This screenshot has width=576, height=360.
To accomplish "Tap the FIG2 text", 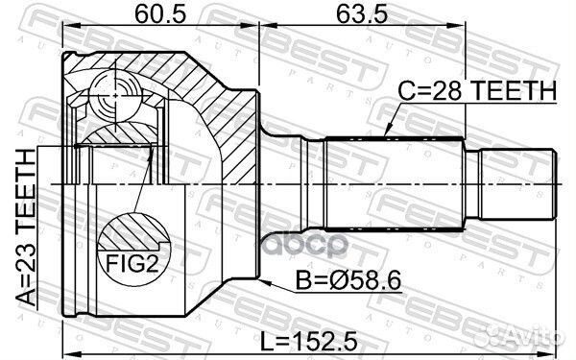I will (132, 261).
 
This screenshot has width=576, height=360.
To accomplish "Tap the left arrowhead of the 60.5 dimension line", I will (67, 31).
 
